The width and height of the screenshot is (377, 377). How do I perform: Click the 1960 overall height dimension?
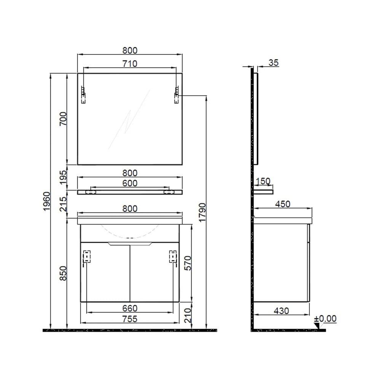[46, 201]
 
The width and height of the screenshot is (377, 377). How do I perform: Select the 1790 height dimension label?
[202, 212]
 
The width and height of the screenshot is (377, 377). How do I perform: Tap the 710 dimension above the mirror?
[130, 64]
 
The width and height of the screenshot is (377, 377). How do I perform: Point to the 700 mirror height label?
[63, 118]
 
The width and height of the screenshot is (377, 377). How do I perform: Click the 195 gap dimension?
[63, 177]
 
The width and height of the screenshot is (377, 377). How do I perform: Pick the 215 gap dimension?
[63, 204]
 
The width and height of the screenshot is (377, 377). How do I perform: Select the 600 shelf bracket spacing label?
[130, 183]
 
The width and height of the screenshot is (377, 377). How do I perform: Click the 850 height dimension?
[63, 273]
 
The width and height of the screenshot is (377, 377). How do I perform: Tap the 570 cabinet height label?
[188, 263]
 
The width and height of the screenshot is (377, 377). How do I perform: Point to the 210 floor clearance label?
[188, 315]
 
